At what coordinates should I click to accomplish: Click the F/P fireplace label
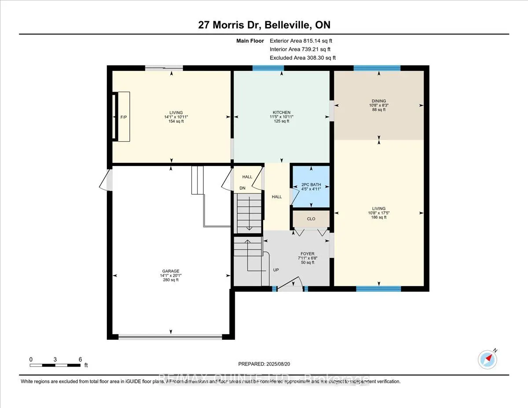coord(123,118)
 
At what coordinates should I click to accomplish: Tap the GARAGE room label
coord(170,271)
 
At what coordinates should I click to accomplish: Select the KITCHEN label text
coord(281,113)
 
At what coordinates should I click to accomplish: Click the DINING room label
coord(378,101)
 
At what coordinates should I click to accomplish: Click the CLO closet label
coord(311,218)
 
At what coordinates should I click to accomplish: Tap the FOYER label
coord(308,254)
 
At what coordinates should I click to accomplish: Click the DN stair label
coord(242,188)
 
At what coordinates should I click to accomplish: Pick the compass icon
coord(488,360)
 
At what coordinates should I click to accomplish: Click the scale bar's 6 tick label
coord(80,359)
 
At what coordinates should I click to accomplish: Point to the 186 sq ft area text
coord(378,217)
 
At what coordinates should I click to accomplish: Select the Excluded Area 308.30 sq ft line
coord(303,58)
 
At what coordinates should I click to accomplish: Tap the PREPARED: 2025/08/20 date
coord(264,364)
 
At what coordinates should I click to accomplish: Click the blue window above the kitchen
coord(268,68)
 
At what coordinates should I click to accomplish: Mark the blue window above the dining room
coord(377,68)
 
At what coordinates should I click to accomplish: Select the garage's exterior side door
coord(106,181)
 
